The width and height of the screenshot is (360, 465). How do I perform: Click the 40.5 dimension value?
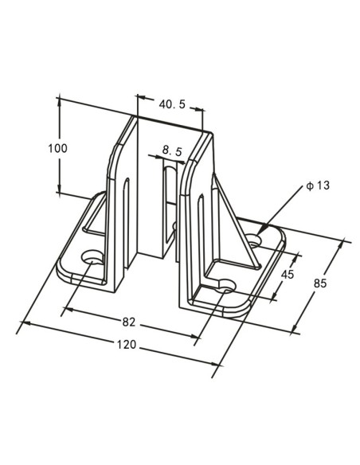[x=171, y=104]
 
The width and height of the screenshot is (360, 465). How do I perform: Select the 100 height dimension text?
[x=57, y=148]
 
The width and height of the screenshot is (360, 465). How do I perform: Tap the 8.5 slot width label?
[x=172, y=150]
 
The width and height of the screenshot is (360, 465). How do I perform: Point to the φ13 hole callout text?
[x=317, y=186]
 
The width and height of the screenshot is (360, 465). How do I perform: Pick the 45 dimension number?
[x=288, y=275]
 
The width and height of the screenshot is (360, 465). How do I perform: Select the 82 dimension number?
[x=128, y=322]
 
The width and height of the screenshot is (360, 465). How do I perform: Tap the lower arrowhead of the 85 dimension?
[x=295, y=327]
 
